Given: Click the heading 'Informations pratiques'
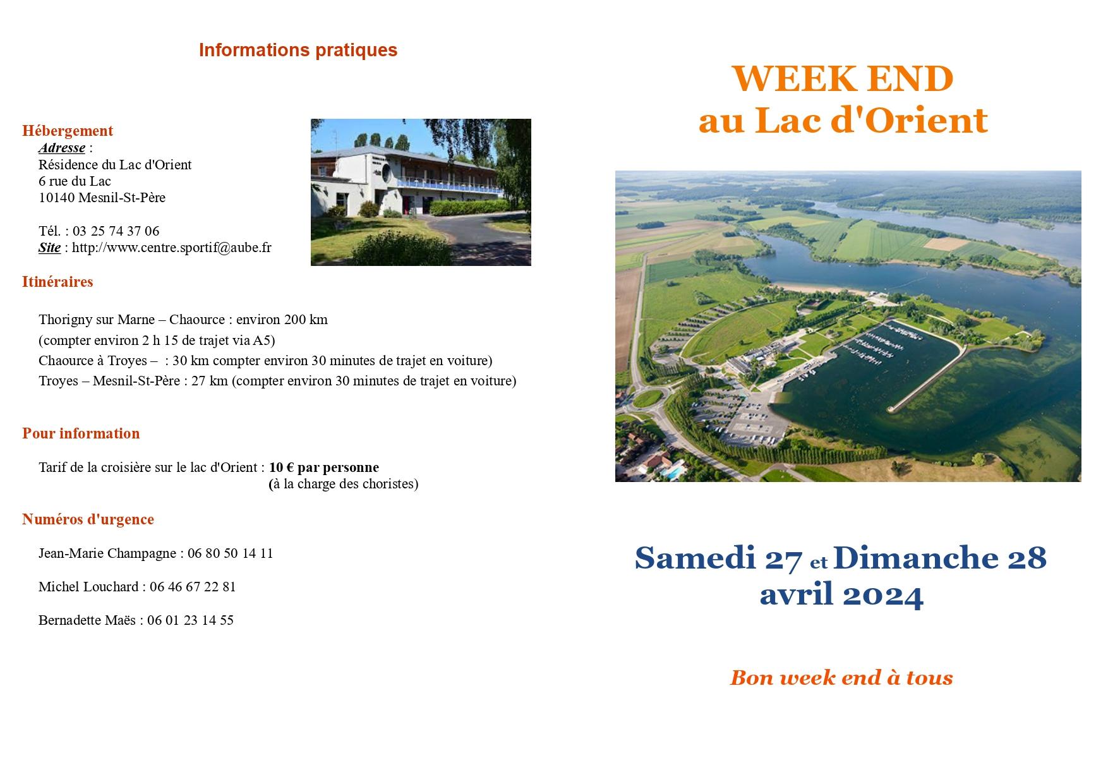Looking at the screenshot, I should (x=298, y=50).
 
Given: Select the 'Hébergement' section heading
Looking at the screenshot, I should (x=68, y=131).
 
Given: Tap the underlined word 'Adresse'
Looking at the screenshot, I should (x=62, y=148).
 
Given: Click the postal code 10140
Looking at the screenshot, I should (x=57, y=198).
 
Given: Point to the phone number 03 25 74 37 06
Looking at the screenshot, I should (x=116, y=231).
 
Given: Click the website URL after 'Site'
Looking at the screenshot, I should (x=172, y=248).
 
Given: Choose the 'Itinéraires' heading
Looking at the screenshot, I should (x=57, y=282).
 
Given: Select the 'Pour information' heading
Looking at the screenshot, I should (x=81, y=433).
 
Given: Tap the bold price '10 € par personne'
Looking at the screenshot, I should (x=324, y=467).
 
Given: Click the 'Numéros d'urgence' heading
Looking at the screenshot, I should (x=88, y=519).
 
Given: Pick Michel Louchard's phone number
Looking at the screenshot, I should (x=193, y=587).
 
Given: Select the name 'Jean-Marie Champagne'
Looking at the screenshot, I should (x=107, y=553).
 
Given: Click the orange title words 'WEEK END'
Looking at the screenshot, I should (x=842, y=79).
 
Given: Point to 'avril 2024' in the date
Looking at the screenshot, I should (x=841, y=594).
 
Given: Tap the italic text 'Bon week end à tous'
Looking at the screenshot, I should (x=841, y=678).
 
